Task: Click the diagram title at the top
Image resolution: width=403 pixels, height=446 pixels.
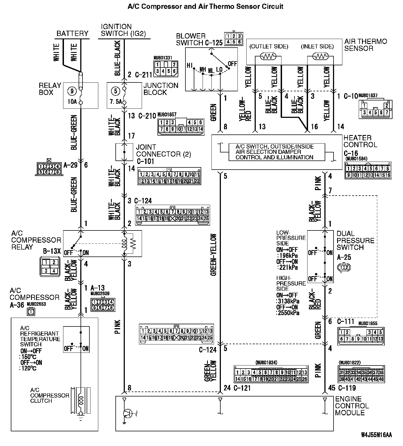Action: (x=205, y=6)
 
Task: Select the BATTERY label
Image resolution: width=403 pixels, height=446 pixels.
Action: (x=72, y=33)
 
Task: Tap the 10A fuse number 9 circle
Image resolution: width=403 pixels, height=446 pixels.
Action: (x=72, y=91)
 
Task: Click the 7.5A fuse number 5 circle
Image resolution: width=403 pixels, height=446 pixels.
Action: (x=115, y=91)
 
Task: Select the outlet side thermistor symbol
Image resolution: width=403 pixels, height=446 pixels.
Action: (x=268, y=56)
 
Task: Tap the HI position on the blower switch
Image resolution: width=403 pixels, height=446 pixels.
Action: (x=190, y=65)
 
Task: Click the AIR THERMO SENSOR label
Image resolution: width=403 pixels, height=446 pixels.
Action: (x=365, y=45)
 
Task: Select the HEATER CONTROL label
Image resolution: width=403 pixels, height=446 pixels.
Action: (x=360, y=141)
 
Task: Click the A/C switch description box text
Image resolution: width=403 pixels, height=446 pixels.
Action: (x=275, y=152)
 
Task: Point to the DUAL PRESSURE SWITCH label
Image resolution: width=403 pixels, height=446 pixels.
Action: (x=355, y=240)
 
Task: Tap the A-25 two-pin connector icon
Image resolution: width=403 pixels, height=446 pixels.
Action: (x=344, y=267)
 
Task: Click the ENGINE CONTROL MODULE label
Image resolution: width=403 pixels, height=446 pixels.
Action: (x=352, y=406)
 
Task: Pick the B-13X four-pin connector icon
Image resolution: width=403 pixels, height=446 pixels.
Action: (x=50, y=267)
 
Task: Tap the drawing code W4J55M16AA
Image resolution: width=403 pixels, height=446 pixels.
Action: (x=376, y=435)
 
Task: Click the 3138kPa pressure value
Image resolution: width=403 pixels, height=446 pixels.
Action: (x=289, y=301)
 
